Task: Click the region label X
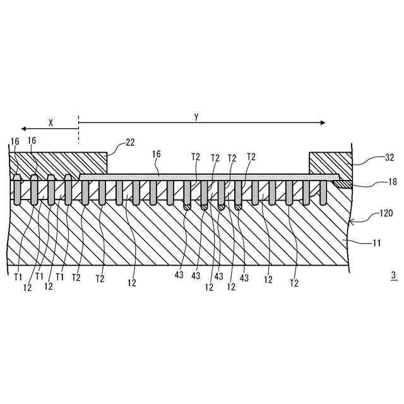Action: pos(50,124)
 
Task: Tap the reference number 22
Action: pos(129,143)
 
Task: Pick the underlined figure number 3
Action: pos(393,276)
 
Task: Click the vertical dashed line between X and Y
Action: pos(78,129)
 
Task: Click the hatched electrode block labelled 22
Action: pos(60,164)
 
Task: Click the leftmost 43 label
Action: pos(179,276)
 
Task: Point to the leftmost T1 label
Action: pos(18,276)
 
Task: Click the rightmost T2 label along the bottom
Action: pos(294,283)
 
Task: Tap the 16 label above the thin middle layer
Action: pos(157,154)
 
